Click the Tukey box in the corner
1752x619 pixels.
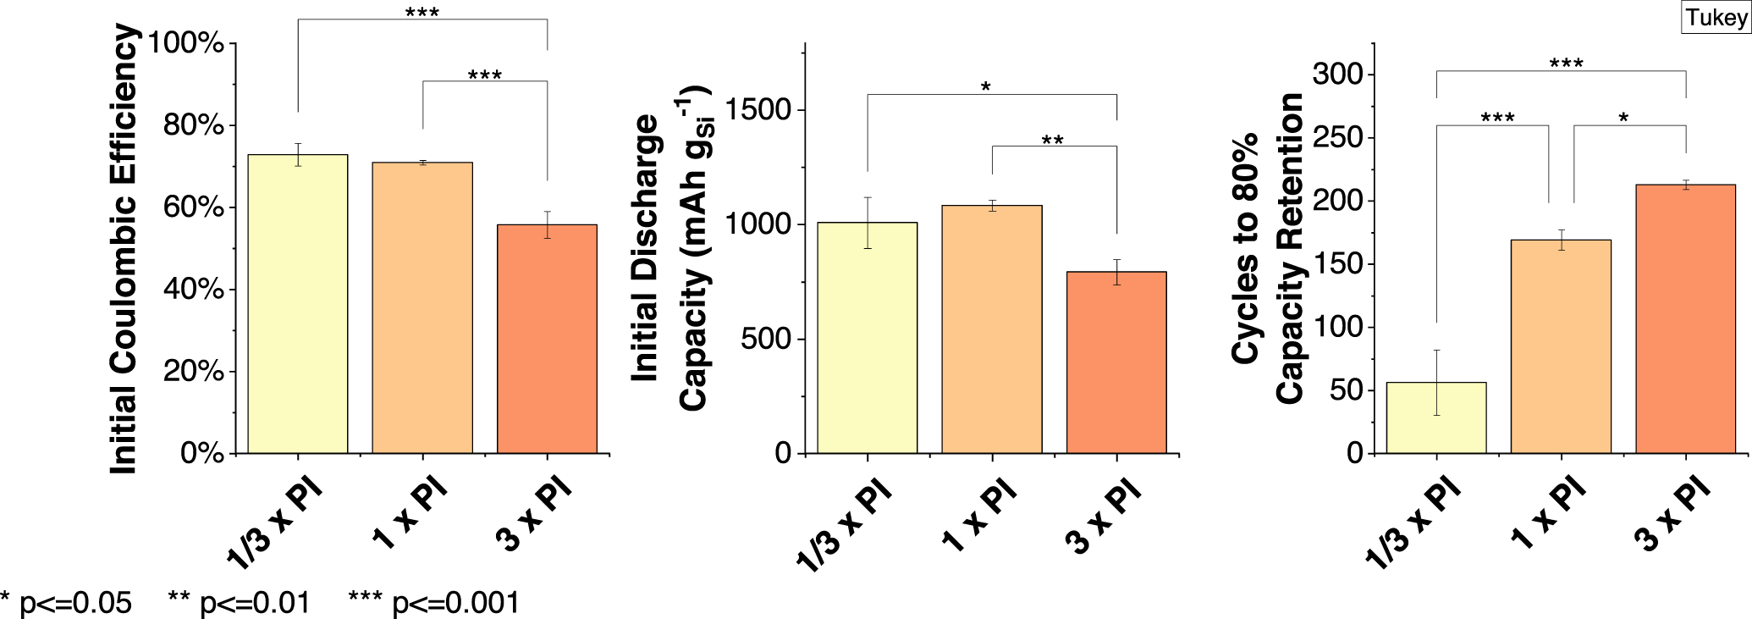coord(1716,18)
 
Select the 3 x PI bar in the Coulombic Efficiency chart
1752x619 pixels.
coord(547,339)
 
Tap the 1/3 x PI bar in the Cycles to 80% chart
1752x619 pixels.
coord(1436,418)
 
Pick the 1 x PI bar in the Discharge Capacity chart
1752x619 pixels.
coord(992,330)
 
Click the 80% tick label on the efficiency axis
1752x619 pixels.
coord(194,125)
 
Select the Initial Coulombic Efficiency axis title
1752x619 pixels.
coord(124,250)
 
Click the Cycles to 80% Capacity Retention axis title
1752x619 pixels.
coord(1267,250)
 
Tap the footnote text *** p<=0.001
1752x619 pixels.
coord(433,603)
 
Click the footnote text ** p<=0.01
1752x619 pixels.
coord(239,603)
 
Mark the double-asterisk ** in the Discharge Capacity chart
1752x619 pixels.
coord(1052,141)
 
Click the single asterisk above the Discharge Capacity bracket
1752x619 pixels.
coord(985,87)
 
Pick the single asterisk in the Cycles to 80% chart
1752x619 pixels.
coord(1623,119)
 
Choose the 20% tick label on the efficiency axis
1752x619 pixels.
coord(194,372)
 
